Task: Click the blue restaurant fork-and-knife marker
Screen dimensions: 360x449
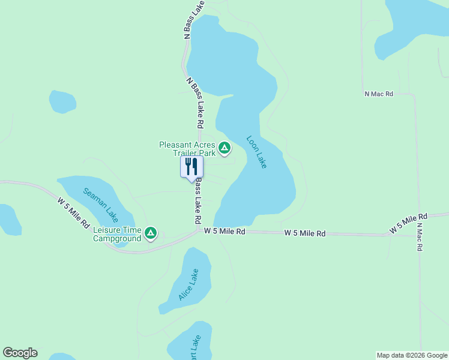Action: [x=192, y=167]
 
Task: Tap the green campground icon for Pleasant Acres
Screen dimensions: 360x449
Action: [x=224, y=148]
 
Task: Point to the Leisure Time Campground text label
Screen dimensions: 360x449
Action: [x=117, y=234]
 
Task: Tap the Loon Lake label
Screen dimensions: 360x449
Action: [x=256, y=152]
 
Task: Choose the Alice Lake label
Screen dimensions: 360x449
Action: [x=188, y=284]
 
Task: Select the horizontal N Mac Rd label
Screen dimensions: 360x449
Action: [x=378, y=94]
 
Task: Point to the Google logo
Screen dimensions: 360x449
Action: [x=20, y=353]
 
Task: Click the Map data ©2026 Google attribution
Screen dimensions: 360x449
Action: [x=412, y=355]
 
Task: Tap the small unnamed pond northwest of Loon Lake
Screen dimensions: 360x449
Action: [x=62, y=102]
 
